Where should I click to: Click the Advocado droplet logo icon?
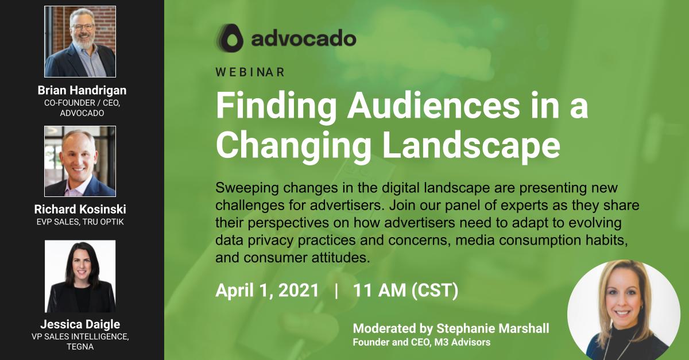tap(230, 38)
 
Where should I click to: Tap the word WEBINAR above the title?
tap(250, 72)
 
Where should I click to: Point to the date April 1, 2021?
tap(267, 290)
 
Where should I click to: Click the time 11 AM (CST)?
tap(405, 290)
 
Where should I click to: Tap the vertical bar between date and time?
tap(336, 290)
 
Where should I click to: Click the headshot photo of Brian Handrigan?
tap(80, 41)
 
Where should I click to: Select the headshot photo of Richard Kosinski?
tap(80, 161)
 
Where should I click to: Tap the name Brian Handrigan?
tap(82, 90)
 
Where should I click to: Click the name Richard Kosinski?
tap(80, 210)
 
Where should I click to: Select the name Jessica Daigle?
tap(80, 324)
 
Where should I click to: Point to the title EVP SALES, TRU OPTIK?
tap(80, 222)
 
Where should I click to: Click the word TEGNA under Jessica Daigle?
tap(80, 347)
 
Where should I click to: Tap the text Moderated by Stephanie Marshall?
tap(451, 328)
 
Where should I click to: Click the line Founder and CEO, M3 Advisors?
tap(421, 343)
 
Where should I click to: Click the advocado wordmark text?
tap(303, 38)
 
